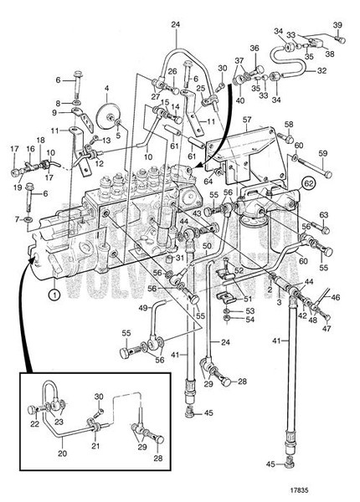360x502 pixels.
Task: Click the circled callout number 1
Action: point(54,295)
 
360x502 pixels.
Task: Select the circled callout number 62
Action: point(309,181)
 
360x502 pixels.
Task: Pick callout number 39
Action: point(338,24)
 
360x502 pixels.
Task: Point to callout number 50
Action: point(207,247)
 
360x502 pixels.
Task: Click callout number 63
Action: point(322,215)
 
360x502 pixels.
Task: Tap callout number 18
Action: point(39,140)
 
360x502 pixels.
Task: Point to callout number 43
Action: point(199,215)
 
